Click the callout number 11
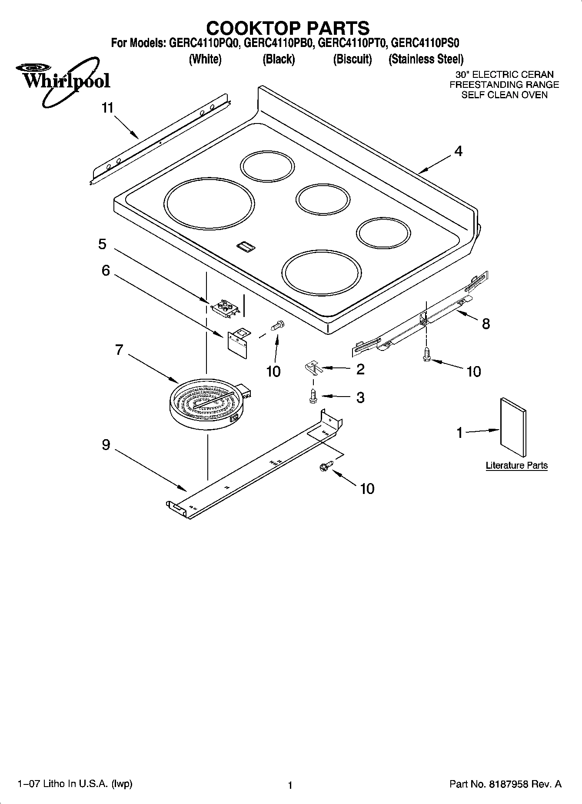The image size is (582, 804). coord(107,108)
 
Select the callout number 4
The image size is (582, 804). coord(458,151)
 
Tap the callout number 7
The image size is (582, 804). coord(119,350)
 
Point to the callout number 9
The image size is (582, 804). coord(106,445)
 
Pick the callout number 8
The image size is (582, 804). coord(486,324)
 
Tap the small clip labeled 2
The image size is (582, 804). coord(312,367)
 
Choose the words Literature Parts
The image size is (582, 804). coord(516,465)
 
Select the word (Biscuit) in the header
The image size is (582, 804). coord(353,59)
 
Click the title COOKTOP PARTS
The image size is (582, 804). coord(288,28)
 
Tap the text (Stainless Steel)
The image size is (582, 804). coord(426,59)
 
